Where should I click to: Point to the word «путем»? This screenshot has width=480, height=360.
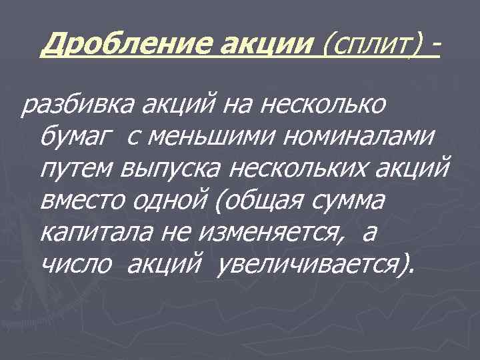[76, 169]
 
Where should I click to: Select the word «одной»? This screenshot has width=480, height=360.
[176, 201]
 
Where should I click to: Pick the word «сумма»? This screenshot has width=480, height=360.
[350, 201]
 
